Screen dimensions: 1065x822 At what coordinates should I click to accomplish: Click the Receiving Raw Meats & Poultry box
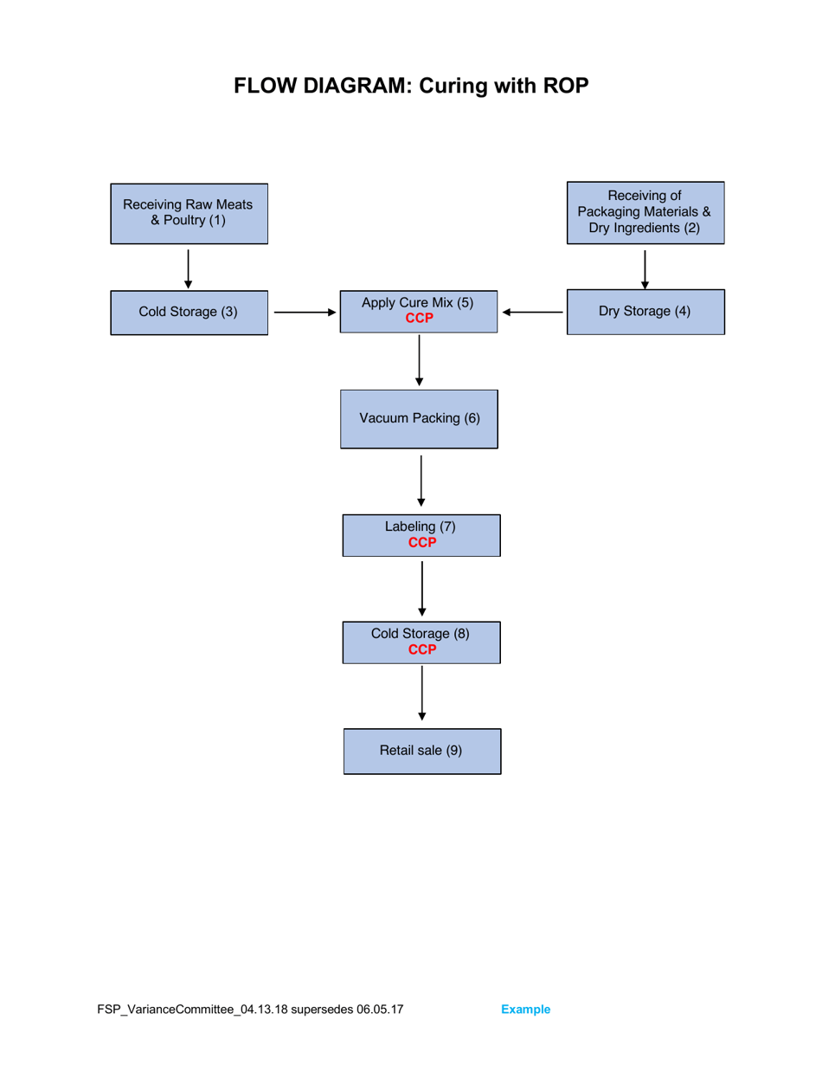tap(189, 213)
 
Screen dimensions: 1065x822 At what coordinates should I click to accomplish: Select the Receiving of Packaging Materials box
tap(645, 212)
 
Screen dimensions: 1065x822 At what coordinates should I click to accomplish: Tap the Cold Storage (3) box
tap(189, 312)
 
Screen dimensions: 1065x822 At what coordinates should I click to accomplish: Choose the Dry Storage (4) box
tap(645, 312)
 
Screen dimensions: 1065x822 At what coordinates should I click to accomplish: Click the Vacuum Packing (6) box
tap(419, 418)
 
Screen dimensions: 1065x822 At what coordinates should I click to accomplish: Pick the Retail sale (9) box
tap(421, 751)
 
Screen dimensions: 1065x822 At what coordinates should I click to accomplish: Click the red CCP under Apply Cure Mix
tap(419, 319)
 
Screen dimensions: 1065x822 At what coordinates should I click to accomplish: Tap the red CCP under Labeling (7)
tap(421, 543)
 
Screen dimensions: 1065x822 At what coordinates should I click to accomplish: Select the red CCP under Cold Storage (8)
tap(421, 649)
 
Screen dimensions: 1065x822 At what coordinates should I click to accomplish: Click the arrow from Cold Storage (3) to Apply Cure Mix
tap(305, 313)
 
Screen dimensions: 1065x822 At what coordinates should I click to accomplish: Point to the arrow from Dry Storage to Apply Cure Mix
tap(532, 313)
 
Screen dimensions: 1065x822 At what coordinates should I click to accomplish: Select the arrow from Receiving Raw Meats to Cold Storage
tap(189, 268)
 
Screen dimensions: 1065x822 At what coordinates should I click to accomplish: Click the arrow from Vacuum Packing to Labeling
tap(421, 481)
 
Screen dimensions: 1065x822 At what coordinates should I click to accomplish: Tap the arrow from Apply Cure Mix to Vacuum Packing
tap(420, 360)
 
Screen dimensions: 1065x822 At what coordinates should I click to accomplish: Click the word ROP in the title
tap(563, 87)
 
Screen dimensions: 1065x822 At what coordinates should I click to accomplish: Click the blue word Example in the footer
tap(526, 1010)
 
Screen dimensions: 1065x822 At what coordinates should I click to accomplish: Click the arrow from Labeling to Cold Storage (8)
tap(421, 588)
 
